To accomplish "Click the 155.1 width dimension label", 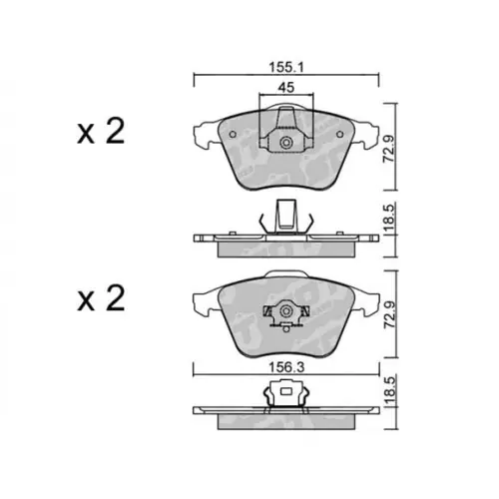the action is pos(286,68).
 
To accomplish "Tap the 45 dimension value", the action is pos(286,87).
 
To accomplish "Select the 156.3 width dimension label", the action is pos(286,368).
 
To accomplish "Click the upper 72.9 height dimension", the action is pos(389,148).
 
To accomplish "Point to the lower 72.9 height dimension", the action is pos(390,314).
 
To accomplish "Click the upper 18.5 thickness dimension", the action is pos(389,218).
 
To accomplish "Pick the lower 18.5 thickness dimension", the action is pos(390,391).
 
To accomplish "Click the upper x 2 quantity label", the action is pos(101,131).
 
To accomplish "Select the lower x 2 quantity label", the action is pos(101,298).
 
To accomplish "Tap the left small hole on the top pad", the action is pos(233,135).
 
